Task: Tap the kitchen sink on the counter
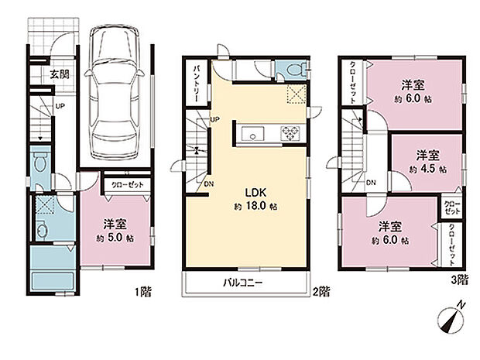[254, 133]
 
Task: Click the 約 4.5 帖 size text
[427, 168]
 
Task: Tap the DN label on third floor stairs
[371, 183]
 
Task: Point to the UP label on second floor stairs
[214, 119]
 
